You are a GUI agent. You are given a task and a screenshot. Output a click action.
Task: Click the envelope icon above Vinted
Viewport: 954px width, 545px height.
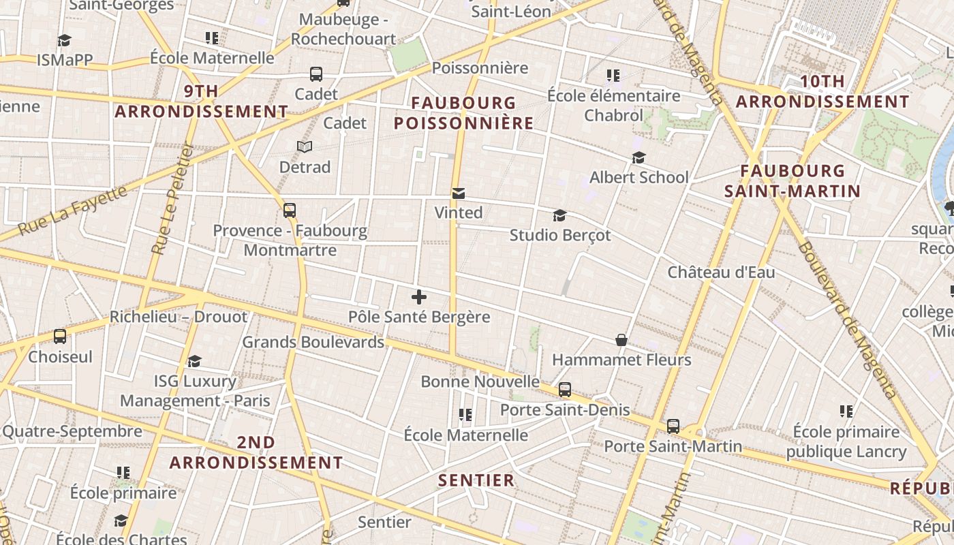point(459,194)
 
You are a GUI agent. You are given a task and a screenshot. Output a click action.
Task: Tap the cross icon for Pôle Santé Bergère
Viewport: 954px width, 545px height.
point(419,297)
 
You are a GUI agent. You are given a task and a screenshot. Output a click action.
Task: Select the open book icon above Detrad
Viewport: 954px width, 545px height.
point(305,146)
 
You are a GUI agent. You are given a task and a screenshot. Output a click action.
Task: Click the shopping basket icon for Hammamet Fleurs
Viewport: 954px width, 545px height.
point(621,339)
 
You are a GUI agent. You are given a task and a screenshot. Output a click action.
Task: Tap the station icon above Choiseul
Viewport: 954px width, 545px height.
point(60,336)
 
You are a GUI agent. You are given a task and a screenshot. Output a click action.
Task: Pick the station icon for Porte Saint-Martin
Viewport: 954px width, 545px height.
point(673,426)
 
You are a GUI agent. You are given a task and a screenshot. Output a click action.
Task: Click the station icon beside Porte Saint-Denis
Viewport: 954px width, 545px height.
point(565,390)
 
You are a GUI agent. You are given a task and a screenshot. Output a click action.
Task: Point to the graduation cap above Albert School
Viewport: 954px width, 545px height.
point(638,158)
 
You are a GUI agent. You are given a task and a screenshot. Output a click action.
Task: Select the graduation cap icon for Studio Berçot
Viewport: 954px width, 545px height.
point(559,216)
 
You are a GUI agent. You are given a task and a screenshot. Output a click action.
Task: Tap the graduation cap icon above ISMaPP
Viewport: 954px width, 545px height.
point(64,41)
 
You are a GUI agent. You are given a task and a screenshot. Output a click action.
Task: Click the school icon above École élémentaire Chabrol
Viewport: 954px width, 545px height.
point(613,76)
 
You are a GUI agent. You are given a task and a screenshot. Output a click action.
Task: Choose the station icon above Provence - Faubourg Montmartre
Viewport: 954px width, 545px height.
point(290,210)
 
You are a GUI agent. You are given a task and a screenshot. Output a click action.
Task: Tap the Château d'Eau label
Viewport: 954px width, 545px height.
point(721,272)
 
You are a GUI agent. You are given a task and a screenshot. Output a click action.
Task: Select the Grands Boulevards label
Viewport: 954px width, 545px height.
point(313,342)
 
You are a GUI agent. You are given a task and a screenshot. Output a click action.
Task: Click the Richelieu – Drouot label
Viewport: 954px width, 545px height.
point(179,317)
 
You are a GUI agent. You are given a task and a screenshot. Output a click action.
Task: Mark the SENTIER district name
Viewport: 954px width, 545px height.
point(476,480)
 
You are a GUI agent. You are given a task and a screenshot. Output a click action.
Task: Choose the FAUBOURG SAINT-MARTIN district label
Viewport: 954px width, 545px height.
point(793,181)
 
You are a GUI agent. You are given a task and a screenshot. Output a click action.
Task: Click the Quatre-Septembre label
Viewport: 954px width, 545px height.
point(72,431)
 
